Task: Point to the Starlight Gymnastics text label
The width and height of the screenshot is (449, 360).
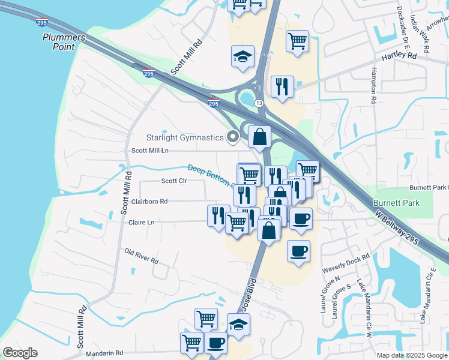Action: coord(185,137)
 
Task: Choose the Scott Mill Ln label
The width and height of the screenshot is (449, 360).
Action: coord(150,151)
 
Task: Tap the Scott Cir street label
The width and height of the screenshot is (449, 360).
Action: coord(173,180)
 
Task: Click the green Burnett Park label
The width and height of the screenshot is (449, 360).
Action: coord(396,203)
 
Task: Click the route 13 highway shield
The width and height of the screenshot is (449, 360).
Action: coord(259,104)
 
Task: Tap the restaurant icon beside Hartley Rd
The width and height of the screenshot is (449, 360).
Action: coord(282,86)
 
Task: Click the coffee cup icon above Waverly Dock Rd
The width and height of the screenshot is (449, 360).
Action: coord(298,251)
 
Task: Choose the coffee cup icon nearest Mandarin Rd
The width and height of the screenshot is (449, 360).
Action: coord(215,343)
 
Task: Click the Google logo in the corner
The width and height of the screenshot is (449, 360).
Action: coord(20,353)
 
